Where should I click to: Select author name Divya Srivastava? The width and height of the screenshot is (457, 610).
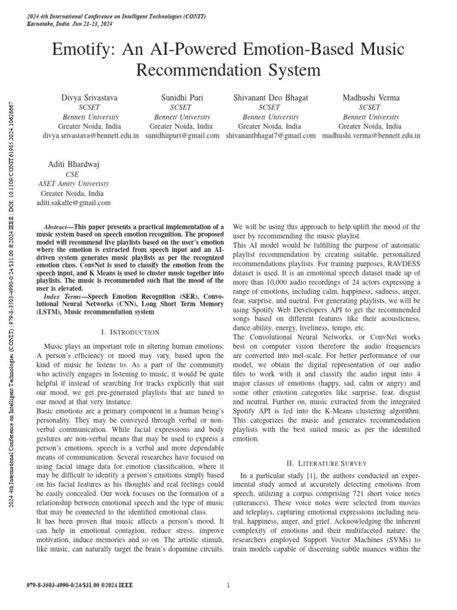90,97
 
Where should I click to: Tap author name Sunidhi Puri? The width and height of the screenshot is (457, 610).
182,97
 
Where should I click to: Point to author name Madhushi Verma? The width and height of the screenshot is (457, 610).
371,97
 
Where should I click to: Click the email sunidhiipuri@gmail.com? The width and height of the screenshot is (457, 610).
182,136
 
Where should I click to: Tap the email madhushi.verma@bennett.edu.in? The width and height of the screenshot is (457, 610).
371,136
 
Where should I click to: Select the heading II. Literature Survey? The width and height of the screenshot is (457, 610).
326,463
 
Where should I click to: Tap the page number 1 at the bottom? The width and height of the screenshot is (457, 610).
228,585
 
